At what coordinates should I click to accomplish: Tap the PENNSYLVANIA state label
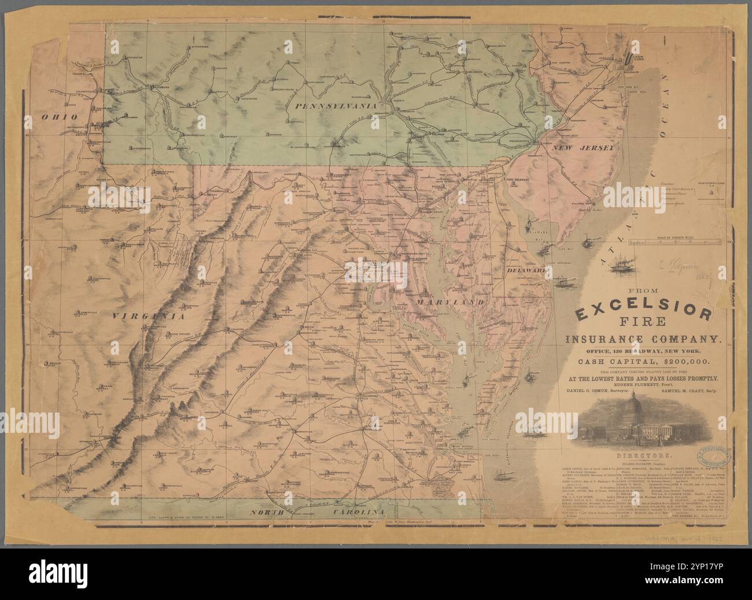335,107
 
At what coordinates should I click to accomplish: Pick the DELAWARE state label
526,270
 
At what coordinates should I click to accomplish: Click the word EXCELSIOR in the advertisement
642,313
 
